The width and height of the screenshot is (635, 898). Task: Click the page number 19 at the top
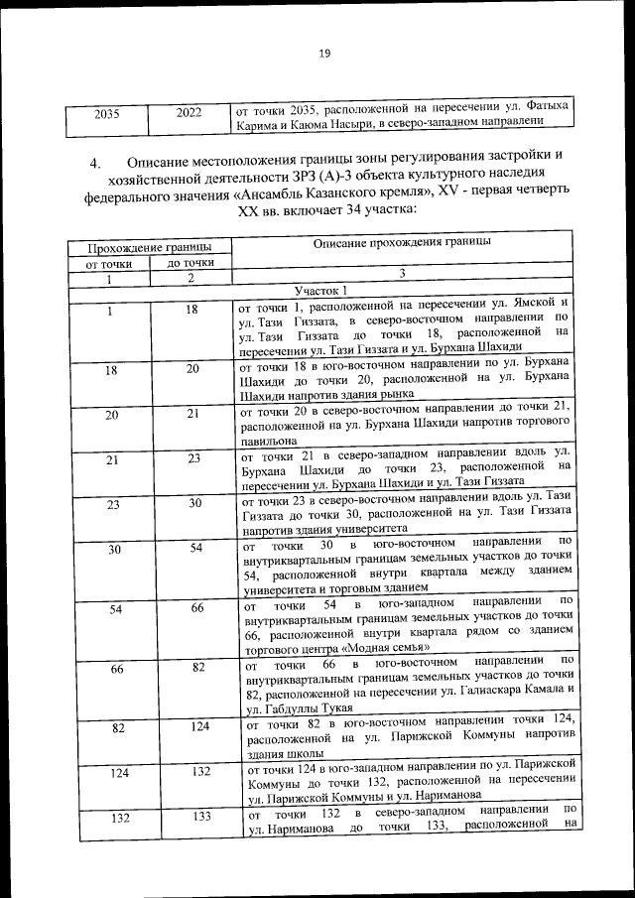(323, 54)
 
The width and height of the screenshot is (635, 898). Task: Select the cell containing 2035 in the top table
(106, 113)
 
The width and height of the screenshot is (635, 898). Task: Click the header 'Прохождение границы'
(149, 245)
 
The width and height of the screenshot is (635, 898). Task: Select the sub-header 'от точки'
(110, 263)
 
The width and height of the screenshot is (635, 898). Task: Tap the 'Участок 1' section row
(318, 289)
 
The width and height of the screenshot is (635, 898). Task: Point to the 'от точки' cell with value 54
(116, 608)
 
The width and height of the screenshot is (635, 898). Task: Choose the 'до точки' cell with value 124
(192, 727)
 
